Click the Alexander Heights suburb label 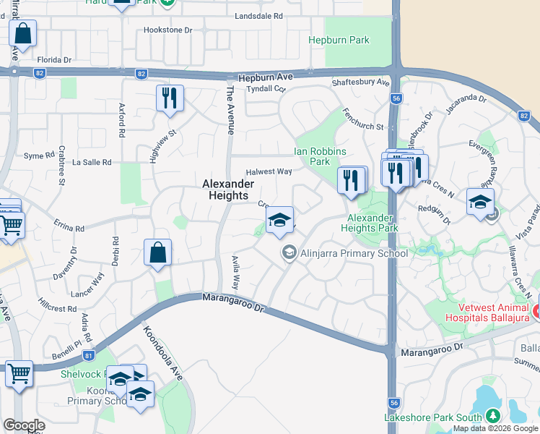[228, 190]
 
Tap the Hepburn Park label [339, 41]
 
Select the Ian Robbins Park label [321, 156]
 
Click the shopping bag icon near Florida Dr [22, 33]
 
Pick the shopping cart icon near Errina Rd [11, 225]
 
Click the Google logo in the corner [25, 425]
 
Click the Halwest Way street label [269, 171]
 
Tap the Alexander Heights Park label [373, 223]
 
